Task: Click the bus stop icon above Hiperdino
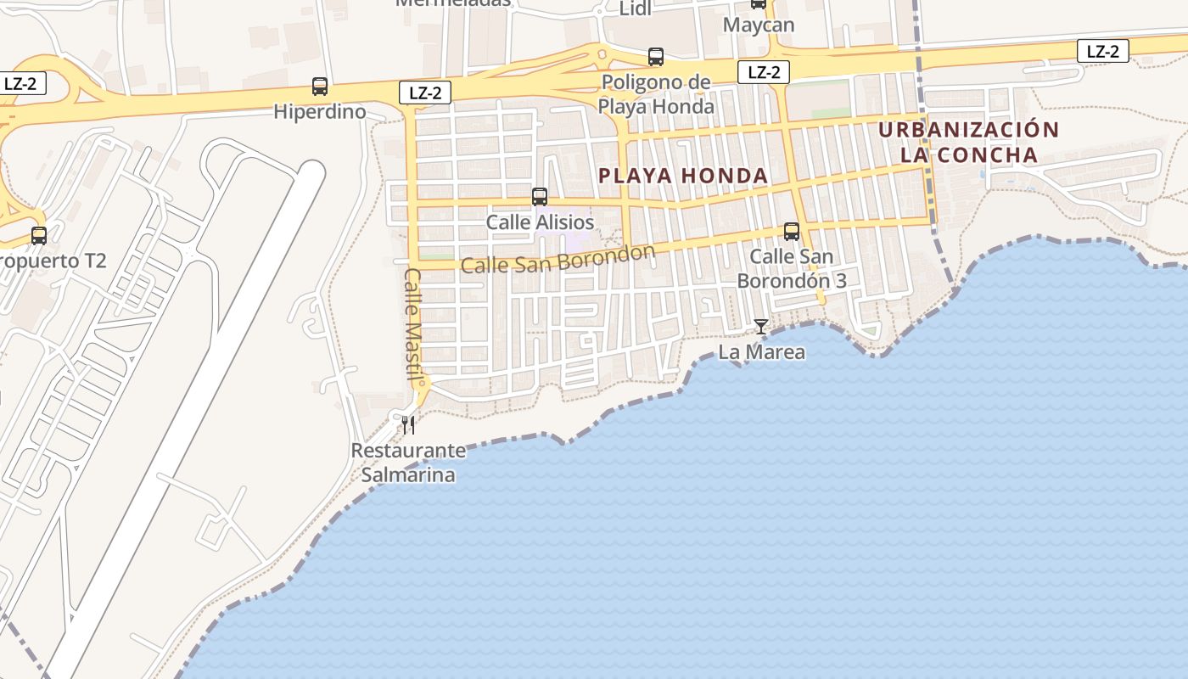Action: point(320,86)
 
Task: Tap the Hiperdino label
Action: point(320,112)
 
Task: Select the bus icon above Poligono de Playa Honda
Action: point(656,57)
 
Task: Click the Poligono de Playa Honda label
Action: point(656,94)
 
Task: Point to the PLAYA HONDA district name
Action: point(683,176)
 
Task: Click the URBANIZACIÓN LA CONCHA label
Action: point(969,143)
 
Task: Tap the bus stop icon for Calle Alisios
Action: point(540,197)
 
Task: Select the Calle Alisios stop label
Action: point(540,222)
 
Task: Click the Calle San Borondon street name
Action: point(558,260)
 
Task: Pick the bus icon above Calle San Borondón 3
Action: point(792,231)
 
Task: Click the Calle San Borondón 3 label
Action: point(792,268)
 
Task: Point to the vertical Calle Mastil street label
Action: point(413,326)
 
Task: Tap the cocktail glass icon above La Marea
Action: point(761,327)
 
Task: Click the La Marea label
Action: point(761,351)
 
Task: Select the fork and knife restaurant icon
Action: point(408,424)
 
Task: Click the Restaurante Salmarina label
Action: point(408,463)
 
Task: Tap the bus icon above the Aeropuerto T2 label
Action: point(39,235)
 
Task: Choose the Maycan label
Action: point(759,25)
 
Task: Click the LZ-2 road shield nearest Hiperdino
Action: point(424,93)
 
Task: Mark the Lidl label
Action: point(635,9)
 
